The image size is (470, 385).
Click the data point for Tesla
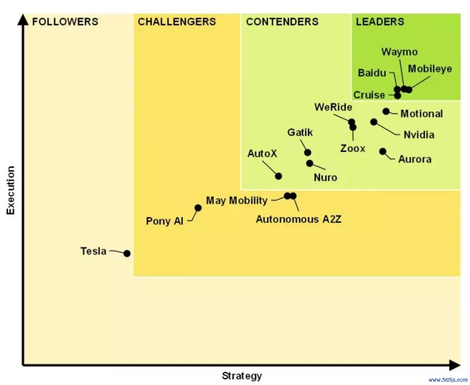pos(127,253)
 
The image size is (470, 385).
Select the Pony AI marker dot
pos(198,208)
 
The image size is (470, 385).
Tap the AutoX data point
pos(279,176)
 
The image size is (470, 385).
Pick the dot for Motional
pos(386,111)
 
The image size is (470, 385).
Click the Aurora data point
pos(383,152)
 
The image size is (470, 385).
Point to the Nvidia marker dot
pos(374,122)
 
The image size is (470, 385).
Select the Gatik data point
pos(307,153)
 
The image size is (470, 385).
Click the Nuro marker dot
pos(309,163)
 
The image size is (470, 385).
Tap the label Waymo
pos(399,52)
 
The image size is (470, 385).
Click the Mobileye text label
pos(430,69)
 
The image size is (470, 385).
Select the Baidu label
pos(372,73)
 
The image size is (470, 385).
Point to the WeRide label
pos(333,107)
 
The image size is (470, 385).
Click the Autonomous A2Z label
pos(298,219)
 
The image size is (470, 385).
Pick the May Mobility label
pos(237,201)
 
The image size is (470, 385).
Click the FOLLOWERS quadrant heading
pos(65,22)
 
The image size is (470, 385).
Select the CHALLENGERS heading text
pos(177,22)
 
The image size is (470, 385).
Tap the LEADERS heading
pos(380,22)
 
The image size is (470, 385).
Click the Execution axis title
pos(11,190)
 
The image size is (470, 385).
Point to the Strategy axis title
pos(242,376)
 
